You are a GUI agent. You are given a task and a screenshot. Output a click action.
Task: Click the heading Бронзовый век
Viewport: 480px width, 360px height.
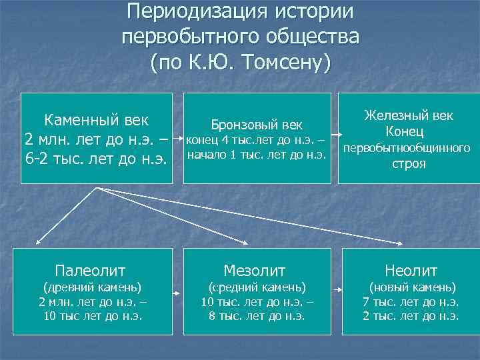coord(257,125)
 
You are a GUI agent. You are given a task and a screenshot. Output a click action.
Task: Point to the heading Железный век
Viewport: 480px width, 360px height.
coord(409,115)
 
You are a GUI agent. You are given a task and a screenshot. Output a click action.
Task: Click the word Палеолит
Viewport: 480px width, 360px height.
coord(91,270)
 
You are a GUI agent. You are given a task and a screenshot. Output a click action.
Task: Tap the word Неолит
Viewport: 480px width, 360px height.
coord(411,271)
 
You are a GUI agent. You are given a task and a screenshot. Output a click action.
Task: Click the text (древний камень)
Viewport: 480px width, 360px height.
coord(91,287)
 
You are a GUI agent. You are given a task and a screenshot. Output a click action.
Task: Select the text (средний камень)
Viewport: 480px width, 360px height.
coord(257,287)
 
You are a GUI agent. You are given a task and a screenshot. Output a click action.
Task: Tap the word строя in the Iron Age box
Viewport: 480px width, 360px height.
coord(409,163)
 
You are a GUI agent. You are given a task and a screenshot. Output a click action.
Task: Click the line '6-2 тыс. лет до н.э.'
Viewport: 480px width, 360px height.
coord(96,159)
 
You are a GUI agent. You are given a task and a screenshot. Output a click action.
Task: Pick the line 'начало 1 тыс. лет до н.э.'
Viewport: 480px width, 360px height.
coord(256,155)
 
